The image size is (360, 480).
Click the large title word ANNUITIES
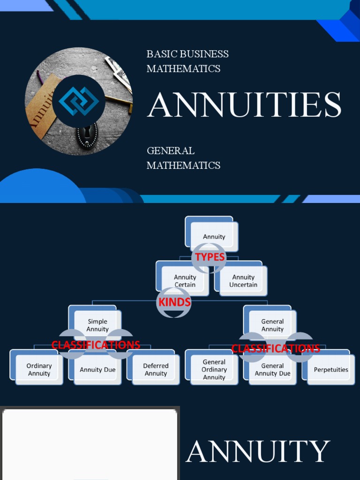(244, 105)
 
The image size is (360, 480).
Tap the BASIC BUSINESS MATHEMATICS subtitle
(187, 61)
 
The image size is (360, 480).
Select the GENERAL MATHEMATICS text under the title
(183, 158)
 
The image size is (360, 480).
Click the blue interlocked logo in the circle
(79, 101)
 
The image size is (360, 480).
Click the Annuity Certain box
(185, 280)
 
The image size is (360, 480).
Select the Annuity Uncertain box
(243, 280)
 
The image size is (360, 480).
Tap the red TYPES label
(210, 257)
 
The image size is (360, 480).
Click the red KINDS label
(174, 302)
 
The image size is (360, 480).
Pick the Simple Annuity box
(97, 325)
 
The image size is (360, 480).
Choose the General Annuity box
(272, 325)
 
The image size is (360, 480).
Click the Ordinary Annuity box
(39, 369)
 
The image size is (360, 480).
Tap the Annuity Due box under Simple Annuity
(97, 369)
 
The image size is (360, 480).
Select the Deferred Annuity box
(156, 369)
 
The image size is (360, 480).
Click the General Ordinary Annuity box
(214, 369)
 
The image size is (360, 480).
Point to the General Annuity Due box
(272, 369)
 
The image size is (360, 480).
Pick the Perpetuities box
(331, 369)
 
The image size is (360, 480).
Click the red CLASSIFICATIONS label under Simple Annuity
(96, 345)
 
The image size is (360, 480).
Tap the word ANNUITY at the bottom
(258, 452)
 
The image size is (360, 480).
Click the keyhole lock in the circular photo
(87, 135)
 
